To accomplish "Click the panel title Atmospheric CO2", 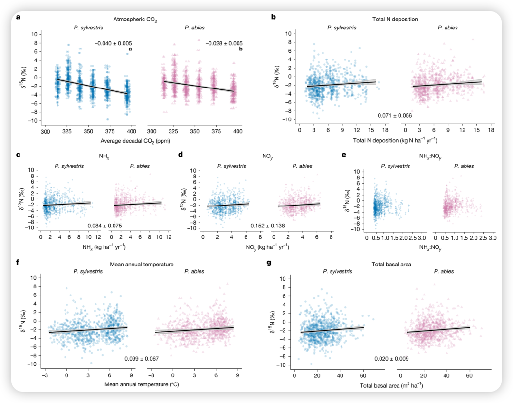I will coord(135,19).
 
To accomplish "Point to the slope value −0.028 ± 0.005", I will coord(224,43).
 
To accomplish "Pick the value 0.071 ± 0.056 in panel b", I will coord(395,116).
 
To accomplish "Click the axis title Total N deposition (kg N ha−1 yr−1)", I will coord(395,141).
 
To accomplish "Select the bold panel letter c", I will coord(18,155).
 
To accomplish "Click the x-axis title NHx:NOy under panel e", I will coord(429,247).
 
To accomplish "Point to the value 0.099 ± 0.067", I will coord(142,358).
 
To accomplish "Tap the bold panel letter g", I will coord(270,262).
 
